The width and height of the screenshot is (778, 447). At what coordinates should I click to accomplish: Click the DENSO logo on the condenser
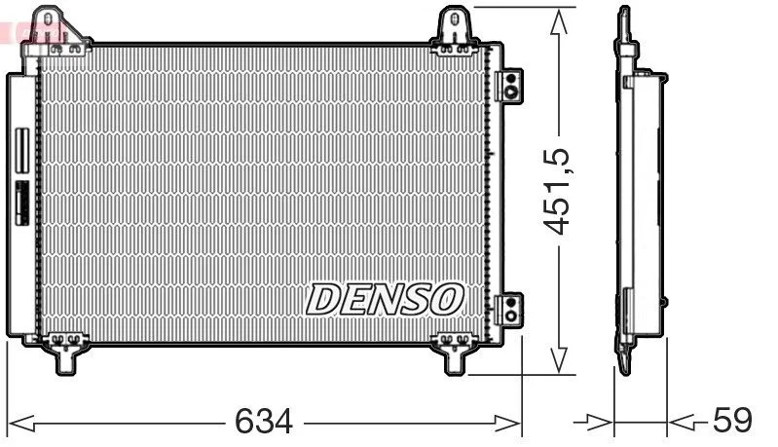tap(385, 299)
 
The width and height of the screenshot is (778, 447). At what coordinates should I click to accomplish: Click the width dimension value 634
tap(264, 422)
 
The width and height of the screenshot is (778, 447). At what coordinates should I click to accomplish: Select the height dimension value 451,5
tap(557, 191)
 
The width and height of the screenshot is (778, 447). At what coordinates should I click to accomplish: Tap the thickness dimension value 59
tap(732, 420)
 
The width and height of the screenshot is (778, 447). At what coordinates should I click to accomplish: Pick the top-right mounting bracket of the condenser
tap(455, 30)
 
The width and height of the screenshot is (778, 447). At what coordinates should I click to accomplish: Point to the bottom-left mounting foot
tap(65, 353)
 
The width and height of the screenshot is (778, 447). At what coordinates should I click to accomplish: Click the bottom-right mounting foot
tap(455, 354)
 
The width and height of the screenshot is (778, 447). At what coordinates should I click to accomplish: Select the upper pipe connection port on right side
tap(509, 86)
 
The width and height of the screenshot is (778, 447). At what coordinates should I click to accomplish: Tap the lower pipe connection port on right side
tap(509, 310)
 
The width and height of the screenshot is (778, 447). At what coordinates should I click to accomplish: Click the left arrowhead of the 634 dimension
tap(21, 424)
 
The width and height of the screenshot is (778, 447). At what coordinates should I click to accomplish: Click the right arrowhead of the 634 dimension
tap(508, 424)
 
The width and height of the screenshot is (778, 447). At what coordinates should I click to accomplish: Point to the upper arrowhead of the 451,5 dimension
tap(559, 21)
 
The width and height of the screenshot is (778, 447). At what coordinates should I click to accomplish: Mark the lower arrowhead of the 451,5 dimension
tap(559, 360)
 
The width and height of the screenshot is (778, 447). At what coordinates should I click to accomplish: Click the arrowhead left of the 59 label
tap(681, 423)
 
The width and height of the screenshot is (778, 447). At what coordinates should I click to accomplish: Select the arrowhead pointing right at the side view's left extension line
tap(600, 423)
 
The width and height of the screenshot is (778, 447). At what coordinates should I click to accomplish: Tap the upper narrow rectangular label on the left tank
tap(21, 151)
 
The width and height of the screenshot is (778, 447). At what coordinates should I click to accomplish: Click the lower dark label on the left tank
tap(21, 203)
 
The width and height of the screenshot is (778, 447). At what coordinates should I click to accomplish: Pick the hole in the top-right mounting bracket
tap(455, 19)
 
